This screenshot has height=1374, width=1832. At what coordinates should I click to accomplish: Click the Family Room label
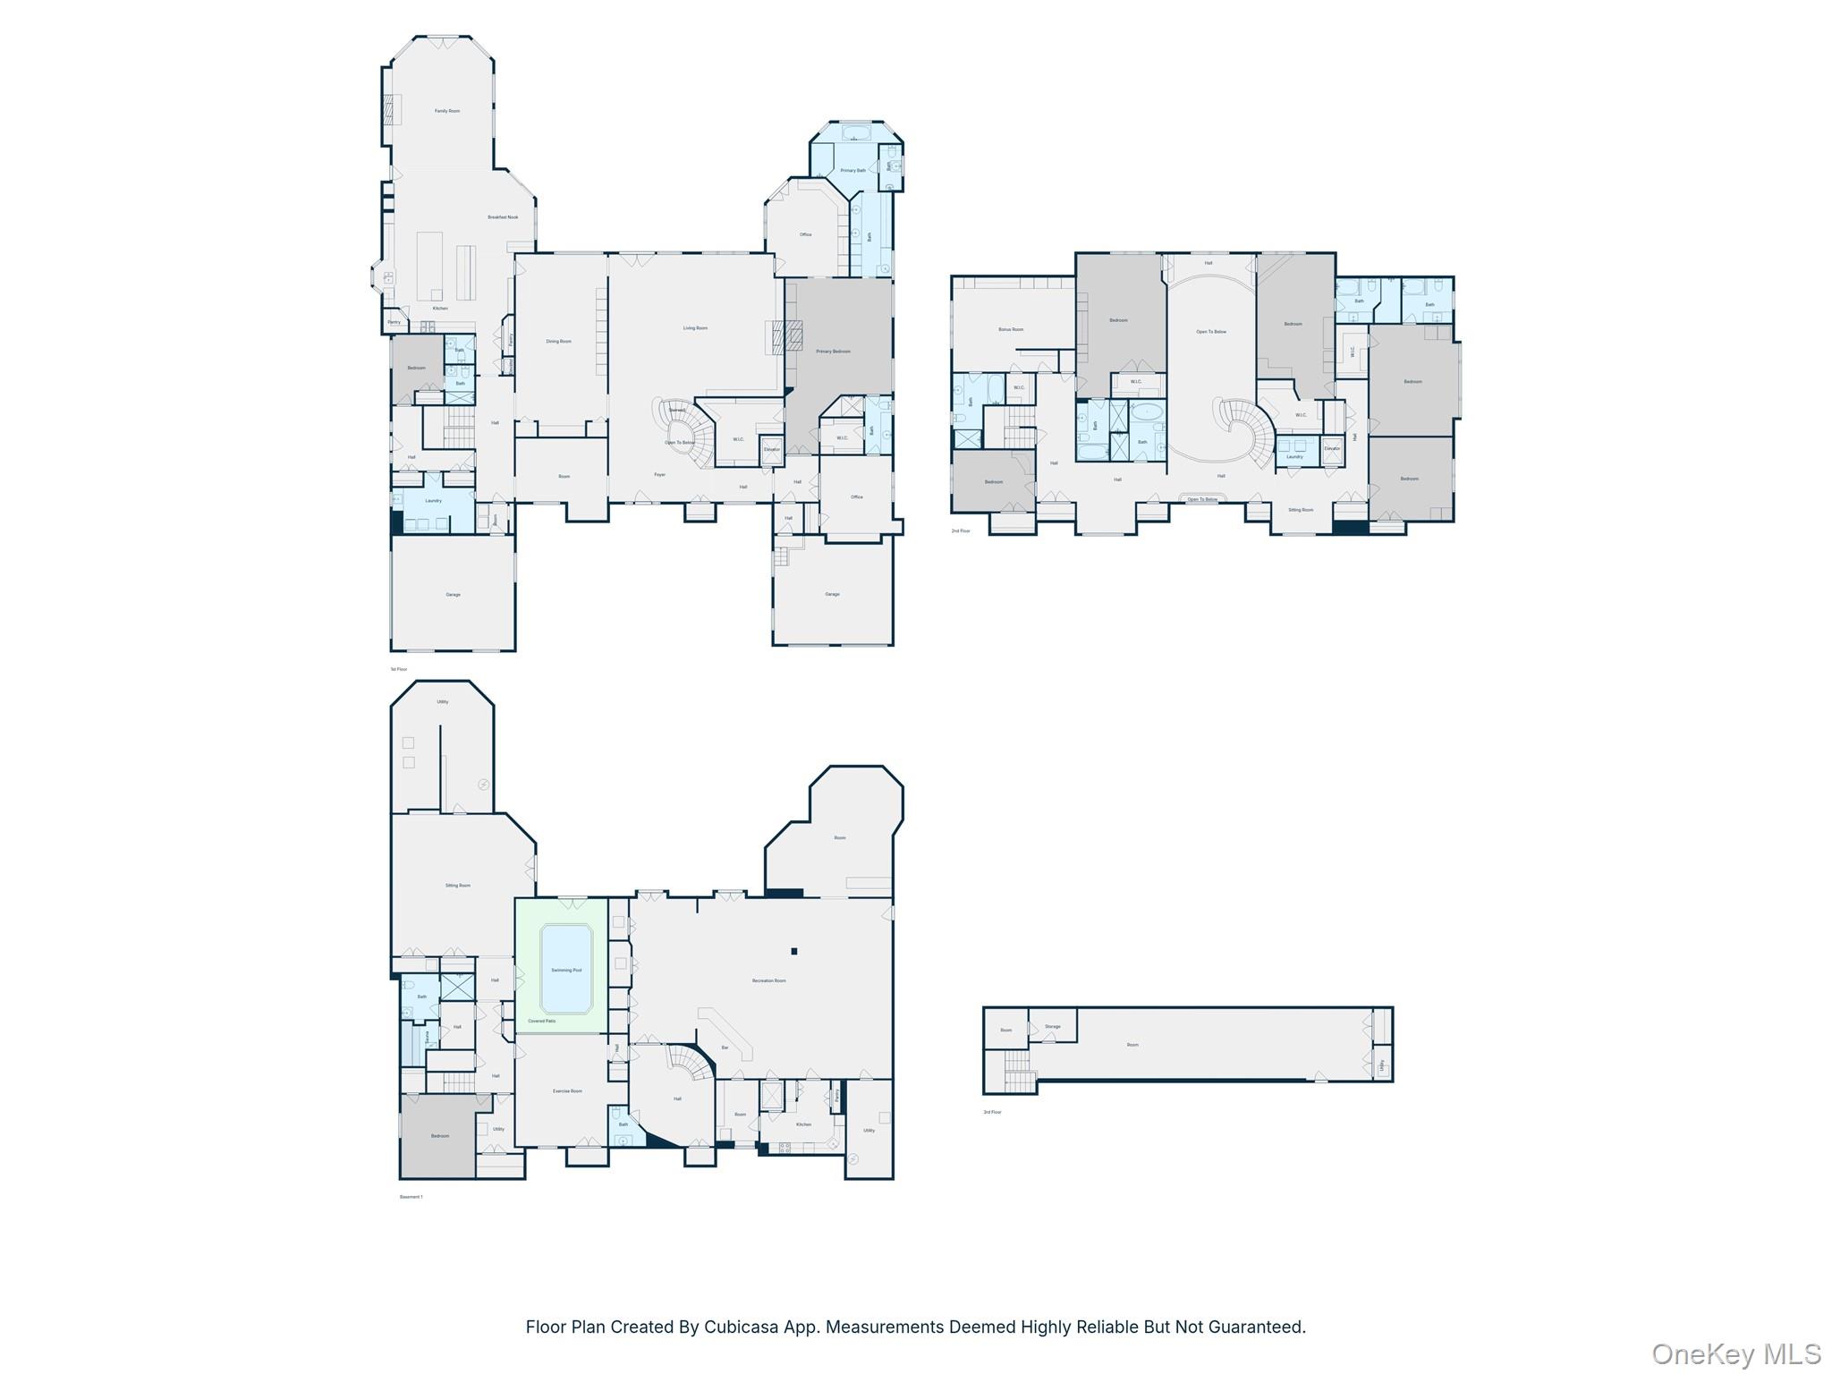pyautogui.click(x=447, y=111)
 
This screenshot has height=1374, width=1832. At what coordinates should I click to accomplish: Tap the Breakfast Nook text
pyautogui.click(x=503, y=217)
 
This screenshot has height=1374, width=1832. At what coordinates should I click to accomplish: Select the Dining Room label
pyautogui.click(x=558, y=342)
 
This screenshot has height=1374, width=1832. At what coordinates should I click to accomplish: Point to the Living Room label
pyautogui.click(x=695, y=328)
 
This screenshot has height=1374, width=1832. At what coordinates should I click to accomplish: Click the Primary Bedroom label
pyautogui.click(x=833, y=352)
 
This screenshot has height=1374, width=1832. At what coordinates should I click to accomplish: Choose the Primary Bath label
pyautogui.click(x=852, y=171)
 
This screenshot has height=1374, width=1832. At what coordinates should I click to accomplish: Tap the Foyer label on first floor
pyautogui.click(x=659, y=475)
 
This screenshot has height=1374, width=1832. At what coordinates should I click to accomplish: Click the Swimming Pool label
pyautogui.click(x=565, y=971)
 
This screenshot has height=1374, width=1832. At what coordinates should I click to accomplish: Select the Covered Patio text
pyautogui.click(x=541, y=1021)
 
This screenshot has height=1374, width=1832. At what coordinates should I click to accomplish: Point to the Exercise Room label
pyautogui.click(x=567, y=1091)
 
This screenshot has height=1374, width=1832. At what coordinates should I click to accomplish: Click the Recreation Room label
pyautogui.click(x=768, y=981)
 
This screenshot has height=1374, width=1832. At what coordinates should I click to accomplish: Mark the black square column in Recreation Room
pyautogui.click(x=793, y=951)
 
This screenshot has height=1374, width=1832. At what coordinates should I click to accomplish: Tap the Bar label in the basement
pyautogui.click(x=725, y=1047)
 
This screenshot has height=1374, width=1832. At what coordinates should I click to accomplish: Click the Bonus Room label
pyautogui.click(x=1011, y=329)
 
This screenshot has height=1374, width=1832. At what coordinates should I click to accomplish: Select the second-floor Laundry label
pyautogui.click(x=1294, y=457)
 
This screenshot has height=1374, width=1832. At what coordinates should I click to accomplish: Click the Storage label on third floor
pyautogui.click(x=1053, y=1027)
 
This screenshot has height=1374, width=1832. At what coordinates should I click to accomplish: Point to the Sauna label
pyautogui.click(x=428, y=1038)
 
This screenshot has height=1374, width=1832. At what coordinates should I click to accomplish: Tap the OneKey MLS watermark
pyautogui.click(x=1736, y=1353)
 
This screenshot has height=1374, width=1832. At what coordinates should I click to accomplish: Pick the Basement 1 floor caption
pyautogui.click(x=411, y=1197)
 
